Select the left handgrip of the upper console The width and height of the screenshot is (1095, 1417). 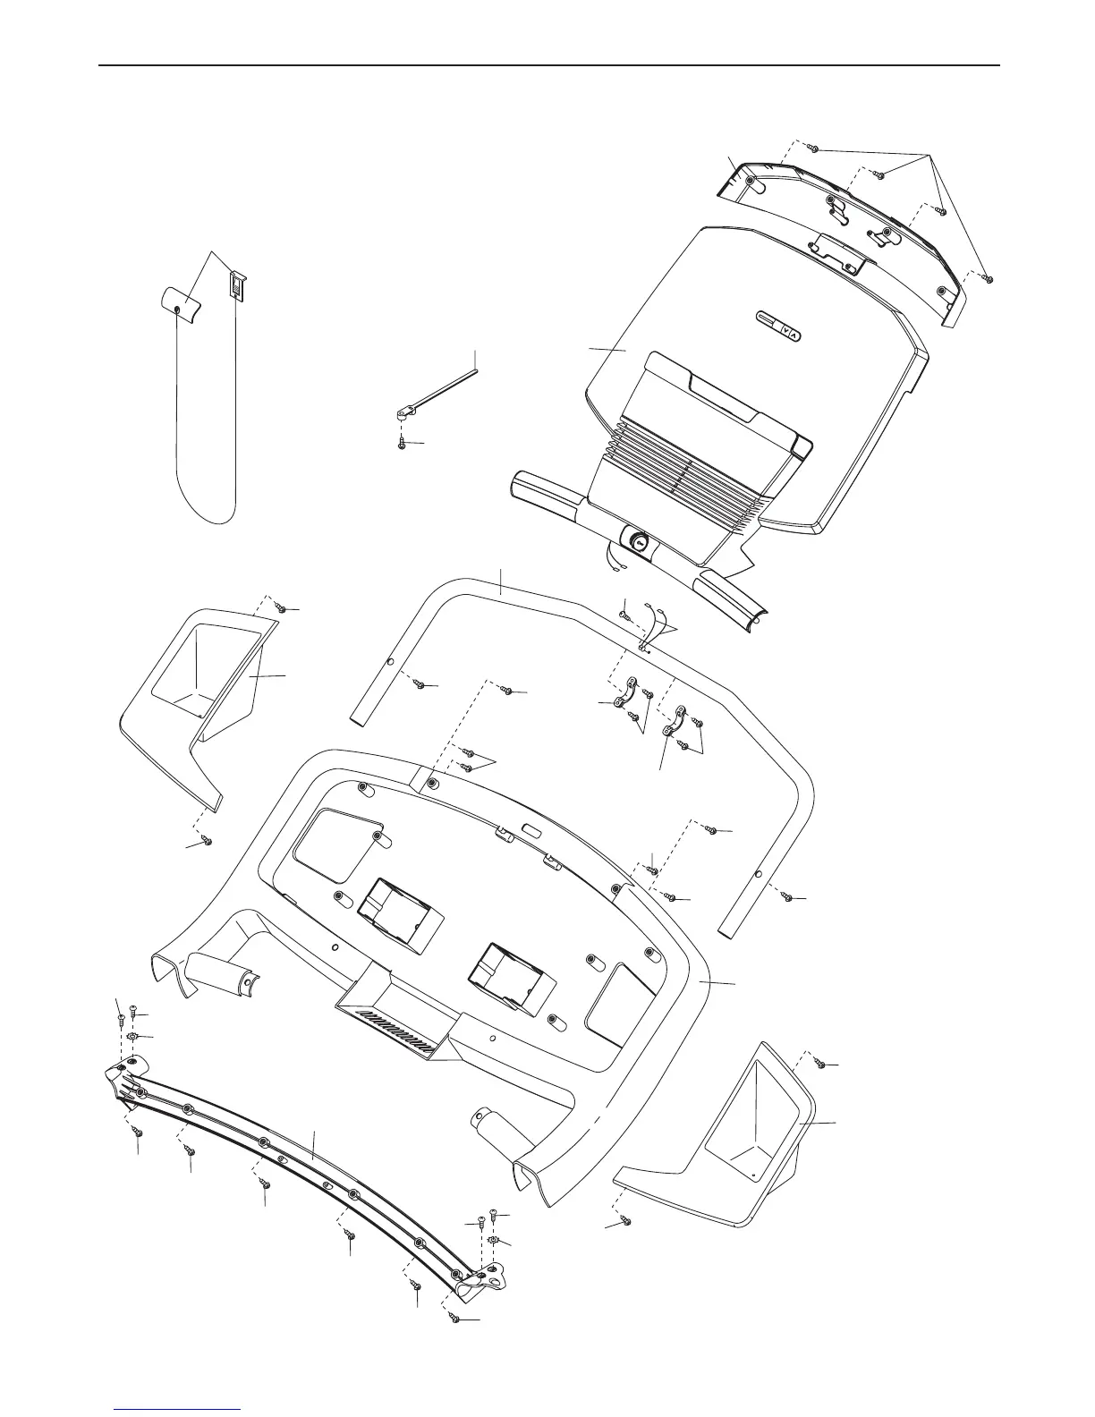(x=545, y=496)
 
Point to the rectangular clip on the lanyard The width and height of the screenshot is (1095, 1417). (x=235, y=285)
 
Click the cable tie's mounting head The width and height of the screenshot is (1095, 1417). (x=404, y=412)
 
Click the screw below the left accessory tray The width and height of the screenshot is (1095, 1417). (x=208, y=841)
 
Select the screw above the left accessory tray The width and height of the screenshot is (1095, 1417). (x=281, y=608)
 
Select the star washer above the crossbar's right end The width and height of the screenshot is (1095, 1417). (x=491, y=1244)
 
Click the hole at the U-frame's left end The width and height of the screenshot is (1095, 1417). (x=390, y=662)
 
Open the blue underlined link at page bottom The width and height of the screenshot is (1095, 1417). (x=179, y=1408)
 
